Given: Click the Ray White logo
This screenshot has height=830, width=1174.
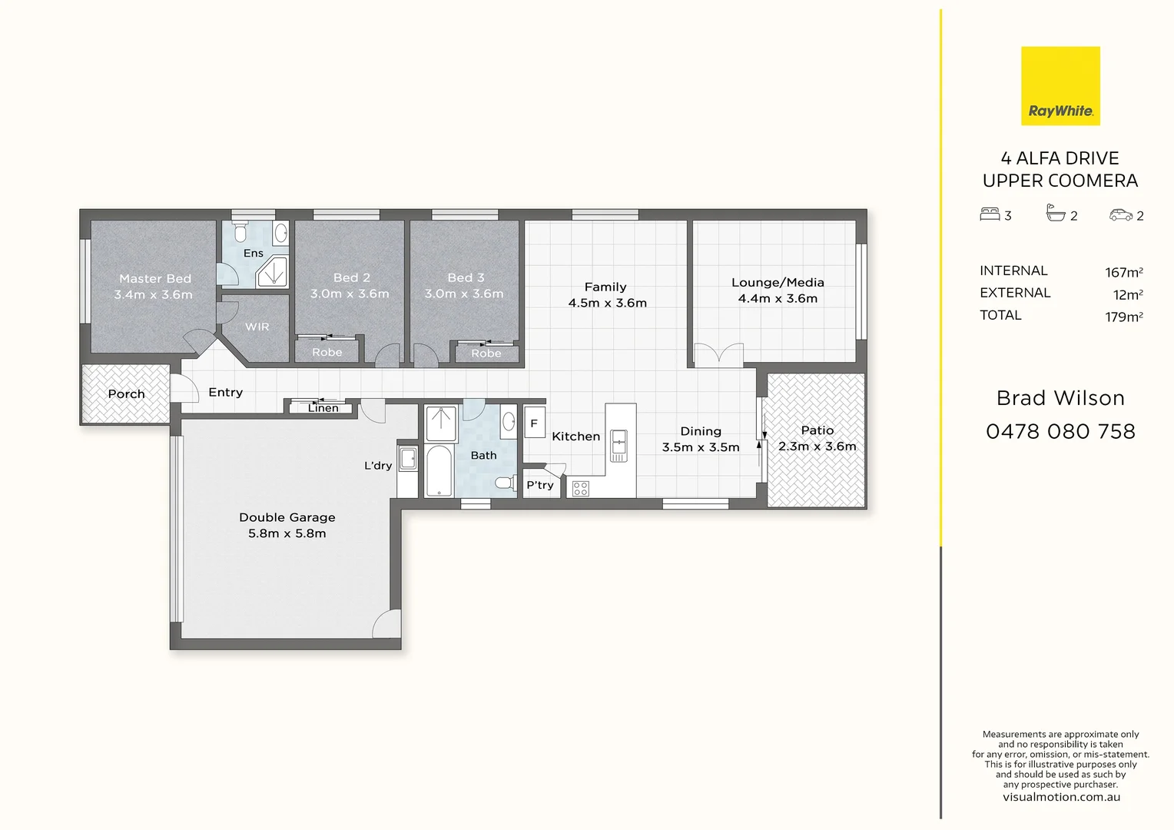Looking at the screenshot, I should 1060,86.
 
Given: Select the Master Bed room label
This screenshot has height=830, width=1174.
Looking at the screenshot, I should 154,279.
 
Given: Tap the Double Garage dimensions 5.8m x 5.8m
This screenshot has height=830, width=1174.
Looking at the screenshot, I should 287,533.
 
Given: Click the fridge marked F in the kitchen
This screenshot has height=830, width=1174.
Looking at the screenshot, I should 534,423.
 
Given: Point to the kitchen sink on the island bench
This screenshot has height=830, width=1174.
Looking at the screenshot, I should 619,446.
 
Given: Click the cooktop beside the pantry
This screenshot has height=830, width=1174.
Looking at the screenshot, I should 581,488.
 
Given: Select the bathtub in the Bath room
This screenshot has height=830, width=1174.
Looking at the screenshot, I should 439,470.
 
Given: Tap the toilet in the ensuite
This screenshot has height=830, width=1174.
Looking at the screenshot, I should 240,231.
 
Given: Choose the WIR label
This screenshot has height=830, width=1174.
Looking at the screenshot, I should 257,327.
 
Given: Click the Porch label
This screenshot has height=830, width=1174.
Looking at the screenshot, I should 126,394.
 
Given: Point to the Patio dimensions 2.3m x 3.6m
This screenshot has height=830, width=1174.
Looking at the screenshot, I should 817,447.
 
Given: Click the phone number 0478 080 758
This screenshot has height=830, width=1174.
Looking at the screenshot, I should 1060,432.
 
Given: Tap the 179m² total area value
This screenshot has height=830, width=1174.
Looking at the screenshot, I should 1123,317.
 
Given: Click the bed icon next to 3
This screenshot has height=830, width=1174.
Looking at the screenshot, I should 990,214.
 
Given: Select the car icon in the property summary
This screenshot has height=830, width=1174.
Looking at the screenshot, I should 1120,215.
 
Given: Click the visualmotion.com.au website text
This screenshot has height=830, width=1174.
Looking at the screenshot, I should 1060,797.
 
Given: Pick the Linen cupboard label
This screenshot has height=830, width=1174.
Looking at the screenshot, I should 323,408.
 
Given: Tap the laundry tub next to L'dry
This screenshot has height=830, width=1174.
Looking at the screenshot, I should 408,460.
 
